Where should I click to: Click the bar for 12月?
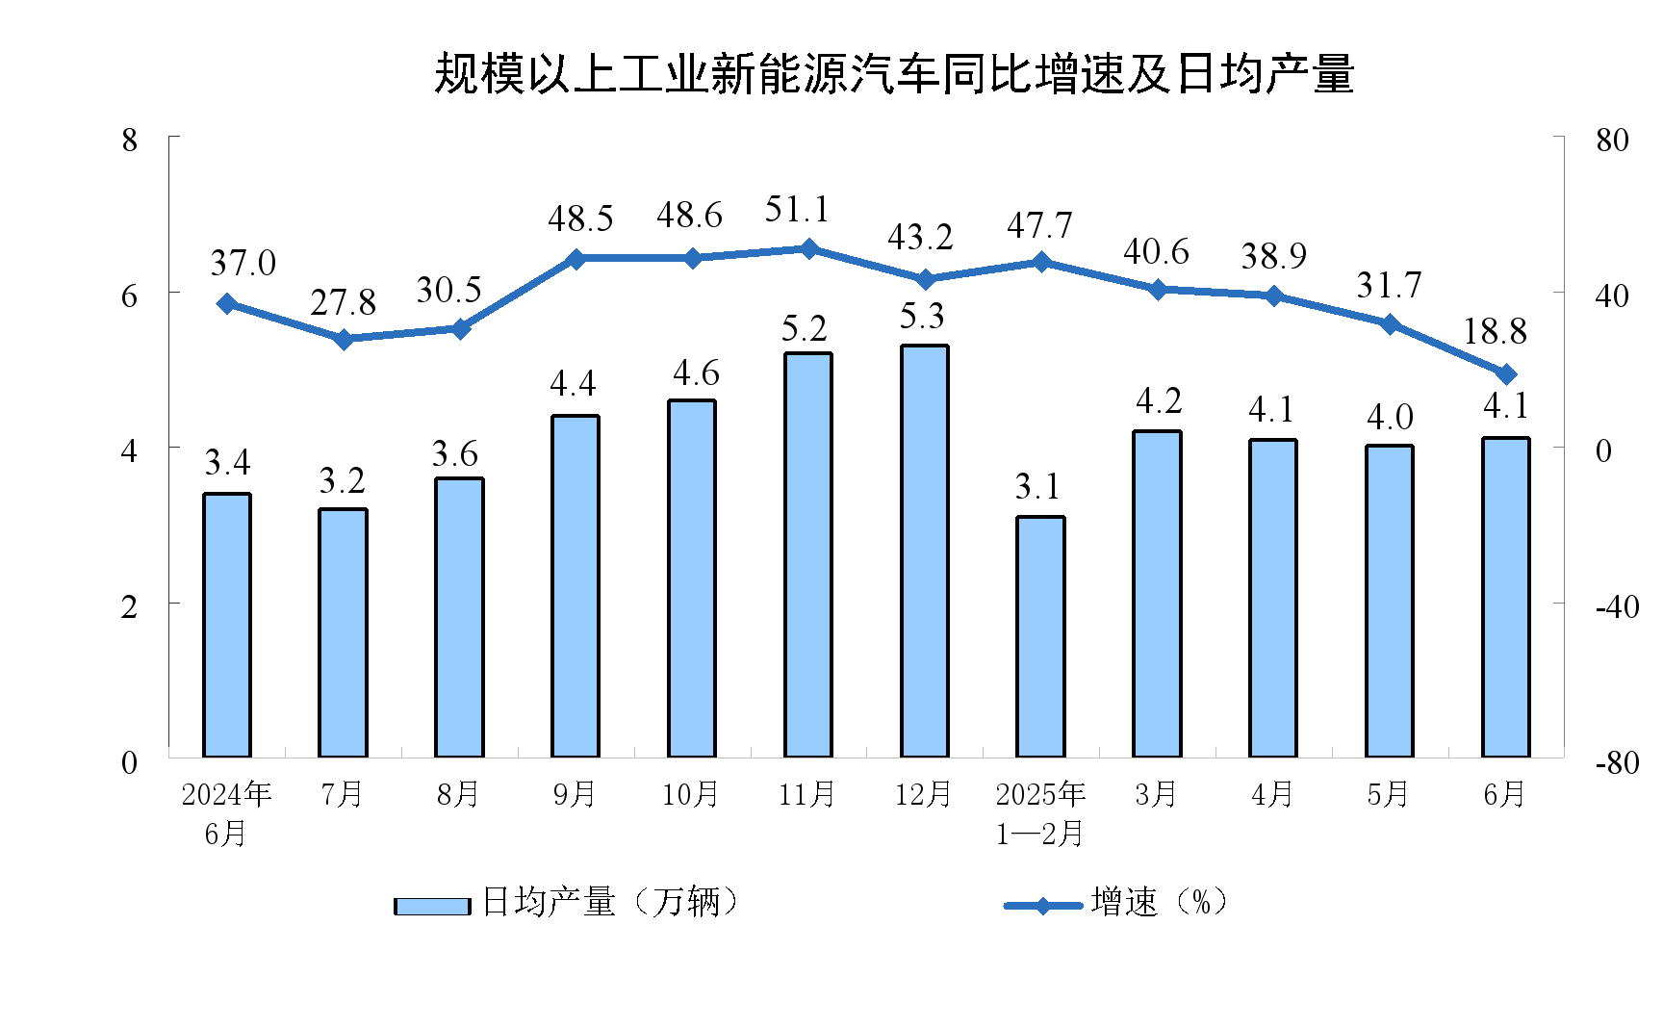point(924,551)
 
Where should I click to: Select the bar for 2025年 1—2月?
point(1040,636)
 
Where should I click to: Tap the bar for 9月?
point(576,585)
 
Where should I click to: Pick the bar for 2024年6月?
point(227,625)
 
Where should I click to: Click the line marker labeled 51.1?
point(808,248)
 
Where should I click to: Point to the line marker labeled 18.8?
point(1506,374)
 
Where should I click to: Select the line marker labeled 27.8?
point(344,339)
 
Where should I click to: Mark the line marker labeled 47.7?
point(1041,262)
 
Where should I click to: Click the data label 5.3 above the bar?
point(922,316)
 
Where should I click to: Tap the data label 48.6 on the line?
point(689,216)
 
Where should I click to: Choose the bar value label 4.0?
point(1390,418)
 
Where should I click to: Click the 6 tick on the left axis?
point(130,296)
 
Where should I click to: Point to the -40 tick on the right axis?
point(1617,607)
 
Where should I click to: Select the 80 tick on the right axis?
point(1612,141)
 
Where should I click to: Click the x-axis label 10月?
point(690,795)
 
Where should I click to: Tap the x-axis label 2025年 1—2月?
point(1040,813)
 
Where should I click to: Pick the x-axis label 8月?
point(458,795)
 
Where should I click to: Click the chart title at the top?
point(894,74)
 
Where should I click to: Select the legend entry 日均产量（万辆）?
point(568,903)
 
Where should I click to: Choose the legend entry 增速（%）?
point(1116,903)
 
